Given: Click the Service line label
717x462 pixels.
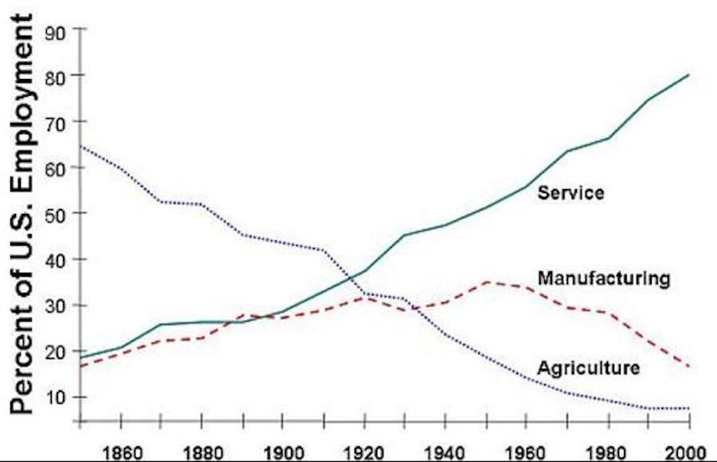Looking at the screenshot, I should [571, 192].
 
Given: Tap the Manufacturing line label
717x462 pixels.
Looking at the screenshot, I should [603, 278].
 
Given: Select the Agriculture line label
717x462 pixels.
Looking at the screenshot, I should [589, 368].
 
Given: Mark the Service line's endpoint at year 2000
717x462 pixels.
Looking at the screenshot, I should [688, 75].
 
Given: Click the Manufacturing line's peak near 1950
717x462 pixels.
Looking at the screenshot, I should [487, 282].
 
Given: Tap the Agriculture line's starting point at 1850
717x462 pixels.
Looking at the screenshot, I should [80, 146].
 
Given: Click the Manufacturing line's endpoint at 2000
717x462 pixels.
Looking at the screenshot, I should [688, 366].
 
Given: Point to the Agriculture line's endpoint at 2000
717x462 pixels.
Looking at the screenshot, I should [688, 409].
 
